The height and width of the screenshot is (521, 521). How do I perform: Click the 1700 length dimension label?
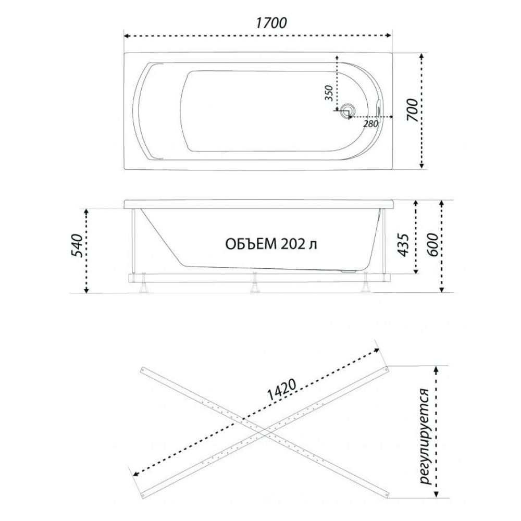[x=271, y=23]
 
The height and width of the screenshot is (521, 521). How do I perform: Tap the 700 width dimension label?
[x=412, y=110]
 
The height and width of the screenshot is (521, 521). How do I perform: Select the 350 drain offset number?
[x=329, y=93]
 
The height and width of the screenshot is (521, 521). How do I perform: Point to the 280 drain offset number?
[x=371, y=124]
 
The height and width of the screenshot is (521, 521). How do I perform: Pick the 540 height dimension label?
[x=77, y=246]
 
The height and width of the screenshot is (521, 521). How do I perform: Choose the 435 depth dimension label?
[x=403, y=245]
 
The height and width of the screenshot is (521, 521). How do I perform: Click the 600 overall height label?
[x=432, y=245]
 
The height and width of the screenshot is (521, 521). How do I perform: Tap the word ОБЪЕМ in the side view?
[x=251, y=244]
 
